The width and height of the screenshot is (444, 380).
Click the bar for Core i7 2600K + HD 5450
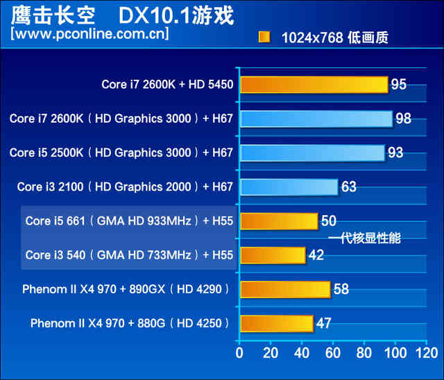point(314,85)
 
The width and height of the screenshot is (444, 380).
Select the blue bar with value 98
point(316,119)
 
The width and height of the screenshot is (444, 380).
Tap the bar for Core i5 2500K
point(311,153)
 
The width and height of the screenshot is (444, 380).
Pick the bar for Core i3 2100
point(289,187)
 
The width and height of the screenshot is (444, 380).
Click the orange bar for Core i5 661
point(278,221)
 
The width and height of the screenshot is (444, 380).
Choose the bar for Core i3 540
point(272,255)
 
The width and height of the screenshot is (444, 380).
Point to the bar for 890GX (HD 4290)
point(284,289)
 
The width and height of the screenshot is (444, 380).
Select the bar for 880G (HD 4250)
point(276,323)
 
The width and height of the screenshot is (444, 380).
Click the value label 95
point(398,85)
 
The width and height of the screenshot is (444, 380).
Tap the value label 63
point(349,187)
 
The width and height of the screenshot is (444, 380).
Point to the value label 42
point(316,255)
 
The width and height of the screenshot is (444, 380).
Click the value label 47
point(323,323)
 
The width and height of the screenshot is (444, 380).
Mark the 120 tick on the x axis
point(426,354)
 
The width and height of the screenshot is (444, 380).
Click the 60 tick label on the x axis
point(333,354)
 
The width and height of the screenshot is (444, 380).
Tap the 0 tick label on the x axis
point(239,354)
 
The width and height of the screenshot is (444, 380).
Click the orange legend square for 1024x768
point(264,37)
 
